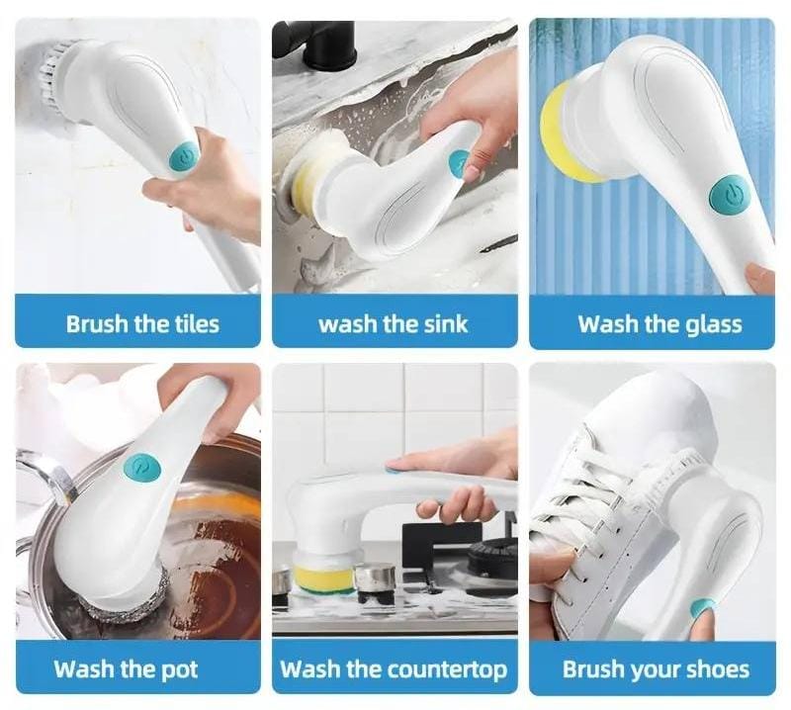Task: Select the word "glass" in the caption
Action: click(714, 325)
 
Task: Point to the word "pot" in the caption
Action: click(179, 670)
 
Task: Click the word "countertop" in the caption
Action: click(447, 669)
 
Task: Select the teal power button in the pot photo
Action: click(142, 470)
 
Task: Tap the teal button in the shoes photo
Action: click(703, 607)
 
